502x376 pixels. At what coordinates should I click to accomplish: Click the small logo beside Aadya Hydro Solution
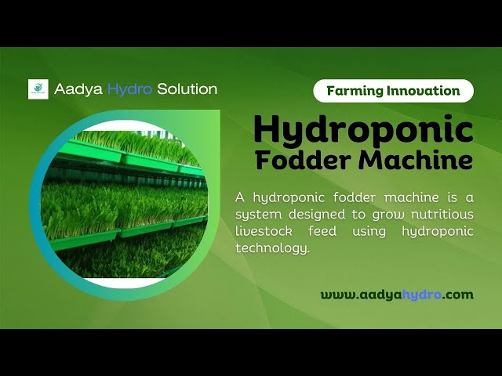[x=38, y=89]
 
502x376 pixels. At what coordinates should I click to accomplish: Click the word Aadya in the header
[x=73, y=89]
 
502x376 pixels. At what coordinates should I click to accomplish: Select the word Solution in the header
[x=187, y=89]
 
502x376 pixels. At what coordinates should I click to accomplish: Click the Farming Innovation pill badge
[x=393, y=91]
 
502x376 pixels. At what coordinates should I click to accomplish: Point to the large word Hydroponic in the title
[x=363, y=129]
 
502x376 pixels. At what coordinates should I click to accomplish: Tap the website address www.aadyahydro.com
[x=397, y=295]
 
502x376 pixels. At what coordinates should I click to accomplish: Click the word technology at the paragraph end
[x=273, y=248]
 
